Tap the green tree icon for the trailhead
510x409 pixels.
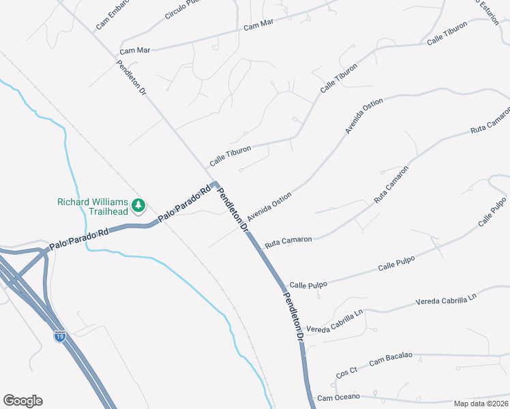tap(138, 205)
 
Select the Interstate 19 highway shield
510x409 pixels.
tap(61, 336)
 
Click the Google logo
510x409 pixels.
tap(22, 401)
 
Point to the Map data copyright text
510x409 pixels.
tap(480, 404)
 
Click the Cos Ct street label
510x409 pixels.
tap(347, 372)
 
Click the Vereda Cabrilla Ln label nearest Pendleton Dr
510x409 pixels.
tap(337, 322)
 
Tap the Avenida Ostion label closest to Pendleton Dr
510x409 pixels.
tap(269, 205)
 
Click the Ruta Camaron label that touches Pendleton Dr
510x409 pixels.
tap(288, 241)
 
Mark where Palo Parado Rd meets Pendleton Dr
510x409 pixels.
tap(215, 184)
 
